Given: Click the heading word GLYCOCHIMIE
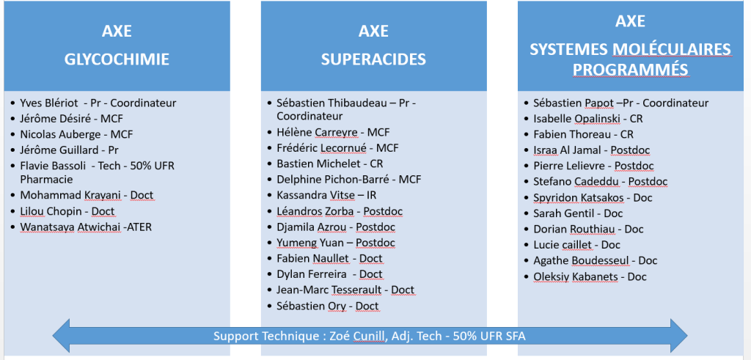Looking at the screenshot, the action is [x=117, y=59].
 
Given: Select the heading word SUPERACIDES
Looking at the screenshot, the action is [x=373, y=59].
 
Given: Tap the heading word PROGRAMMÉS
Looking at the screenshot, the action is [x=631, y=70].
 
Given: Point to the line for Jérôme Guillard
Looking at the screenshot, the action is [x=69, y=150].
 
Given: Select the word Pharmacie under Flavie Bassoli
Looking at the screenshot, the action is [x=46, y=179].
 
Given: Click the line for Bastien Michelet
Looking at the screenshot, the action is [x=330, y=164].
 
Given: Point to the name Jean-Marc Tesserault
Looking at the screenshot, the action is [x=329, y=290].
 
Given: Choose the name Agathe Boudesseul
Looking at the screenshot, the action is [x=582, y=261].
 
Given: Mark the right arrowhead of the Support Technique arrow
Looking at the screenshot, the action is [x=679, y=336].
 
